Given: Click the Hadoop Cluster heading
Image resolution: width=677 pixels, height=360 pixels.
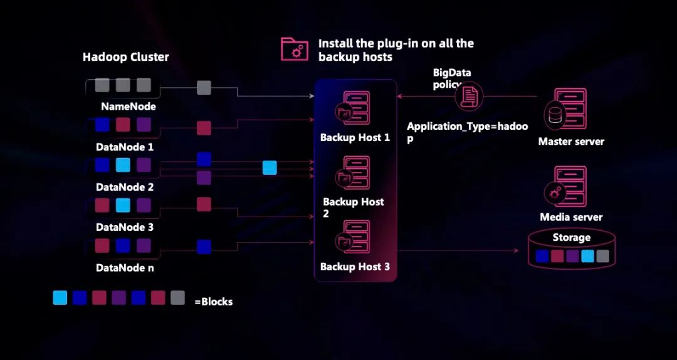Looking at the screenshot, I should (125, 57).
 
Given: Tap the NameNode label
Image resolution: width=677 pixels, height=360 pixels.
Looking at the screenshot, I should (128, 107).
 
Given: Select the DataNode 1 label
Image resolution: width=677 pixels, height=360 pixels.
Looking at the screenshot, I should (124, 147).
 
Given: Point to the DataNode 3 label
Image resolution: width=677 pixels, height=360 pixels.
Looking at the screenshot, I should (124, 227).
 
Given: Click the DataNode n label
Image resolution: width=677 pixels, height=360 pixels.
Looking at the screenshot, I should (124, 268).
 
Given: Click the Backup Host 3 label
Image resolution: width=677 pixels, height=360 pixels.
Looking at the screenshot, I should (355, 267).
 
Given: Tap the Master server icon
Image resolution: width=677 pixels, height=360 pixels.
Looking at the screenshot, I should (570, 110).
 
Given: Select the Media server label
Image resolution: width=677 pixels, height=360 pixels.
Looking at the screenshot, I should (571, 217).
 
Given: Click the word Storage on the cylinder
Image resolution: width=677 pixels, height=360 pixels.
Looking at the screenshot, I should (571, 238).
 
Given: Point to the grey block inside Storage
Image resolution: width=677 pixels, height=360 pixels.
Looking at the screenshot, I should (602, 256).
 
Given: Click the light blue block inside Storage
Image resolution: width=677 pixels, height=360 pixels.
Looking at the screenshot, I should (587, 256).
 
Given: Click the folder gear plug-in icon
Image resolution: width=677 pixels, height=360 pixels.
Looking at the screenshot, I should (294, 50).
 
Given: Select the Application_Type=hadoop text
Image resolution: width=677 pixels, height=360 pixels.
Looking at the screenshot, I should (467, 132).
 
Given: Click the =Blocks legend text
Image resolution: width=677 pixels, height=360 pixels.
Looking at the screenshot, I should (213, 302).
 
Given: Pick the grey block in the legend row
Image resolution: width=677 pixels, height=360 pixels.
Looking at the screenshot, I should (177, 297).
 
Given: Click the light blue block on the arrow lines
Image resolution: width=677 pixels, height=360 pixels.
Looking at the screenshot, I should (270, 167).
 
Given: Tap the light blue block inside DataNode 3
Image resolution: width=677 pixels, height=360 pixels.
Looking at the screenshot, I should (123, 205).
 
